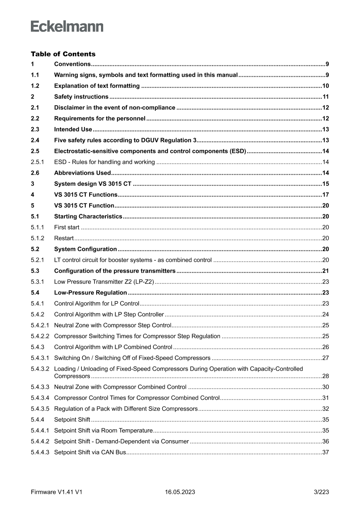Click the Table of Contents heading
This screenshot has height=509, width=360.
[x=63, y=54]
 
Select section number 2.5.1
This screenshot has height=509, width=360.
[x=38, y=162]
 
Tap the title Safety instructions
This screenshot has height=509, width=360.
[x=81, y=97]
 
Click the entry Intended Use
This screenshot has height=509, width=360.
[x=73, y=129]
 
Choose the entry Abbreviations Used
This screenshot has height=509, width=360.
[x=82, y=173]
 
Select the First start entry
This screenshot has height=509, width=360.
[x=67, y=227]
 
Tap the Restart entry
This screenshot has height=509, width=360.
[x=64, y=238]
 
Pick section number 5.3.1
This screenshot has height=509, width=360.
[x=38, y=282]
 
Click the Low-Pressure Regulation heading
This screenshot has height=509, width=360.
[x=90, y=293]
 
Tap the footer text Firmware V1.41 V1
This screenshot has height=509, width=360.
[x=57, y=492]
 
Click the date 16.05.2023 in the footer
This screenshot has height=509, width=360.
[x=180, y=492]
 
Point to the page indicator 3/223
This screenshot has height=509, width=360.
[x=321, y=492]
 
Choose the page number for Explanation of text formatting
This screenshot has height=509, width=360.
[x=325, y=86]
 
